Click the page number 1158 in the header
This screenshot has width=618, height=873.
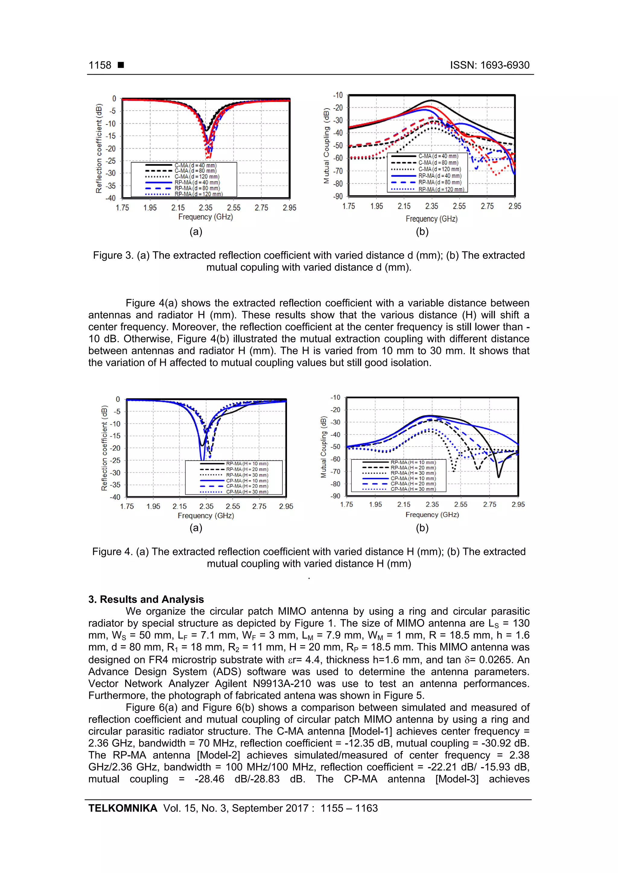[100, 65]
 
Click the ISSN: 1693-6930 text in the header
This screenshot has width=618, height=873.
[489, 65]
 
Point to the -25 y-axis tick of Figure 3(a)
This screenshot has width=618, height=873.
[111, 161]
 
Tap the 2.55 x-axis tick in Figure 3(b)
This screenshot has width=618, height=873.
[459, 206]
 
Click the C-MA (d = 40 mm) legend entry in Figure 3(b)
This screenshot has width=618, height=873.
[438, 156]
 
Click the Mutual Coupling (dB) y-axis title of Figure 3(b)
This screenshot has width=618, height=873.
[326, 146]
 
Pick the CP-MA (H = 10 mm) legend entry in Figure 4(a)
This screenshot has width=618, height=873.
[247, 481]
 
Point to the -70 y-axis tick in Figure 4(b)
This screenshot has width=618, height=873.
[335, 471]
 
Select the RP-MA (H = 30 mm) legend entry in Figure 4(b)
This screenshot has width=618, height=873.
[413, 473]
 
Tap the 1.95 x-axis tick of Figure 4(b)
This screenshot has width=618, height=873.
[375, 505]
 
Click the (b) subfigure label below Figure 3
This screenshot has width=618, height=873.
[422, 232]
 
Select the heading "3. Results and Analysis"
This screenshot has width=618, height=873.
[146, 599]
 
